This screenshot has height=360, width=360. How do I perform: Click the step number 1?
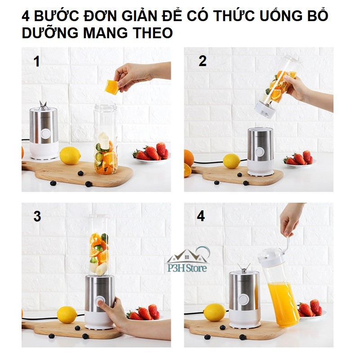[x=37, y=62]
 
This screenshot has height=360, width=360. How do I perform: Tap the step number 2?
[x=203, y=62]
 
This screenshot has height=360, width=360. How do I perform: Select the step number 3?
[x=37, y=217]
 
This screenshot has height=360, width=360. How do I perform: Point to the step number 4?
[x=201, y=216]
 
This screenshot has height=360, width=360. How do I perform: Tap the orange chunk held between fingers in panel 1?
[x=111, y=87]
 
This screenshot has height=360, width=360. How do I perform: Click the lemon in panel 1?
[x=70, y=156]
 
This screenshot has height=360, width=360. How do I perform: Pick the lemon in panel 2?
[x=231, y=161]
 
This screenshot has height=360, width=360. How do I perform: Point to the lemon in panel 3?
[x=67, y=315]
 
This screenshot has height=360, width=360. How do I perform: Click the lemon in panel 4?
[x=215, y=312]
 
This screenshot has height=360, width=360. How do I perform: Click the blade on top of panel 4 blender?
[x=244, y=268]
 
